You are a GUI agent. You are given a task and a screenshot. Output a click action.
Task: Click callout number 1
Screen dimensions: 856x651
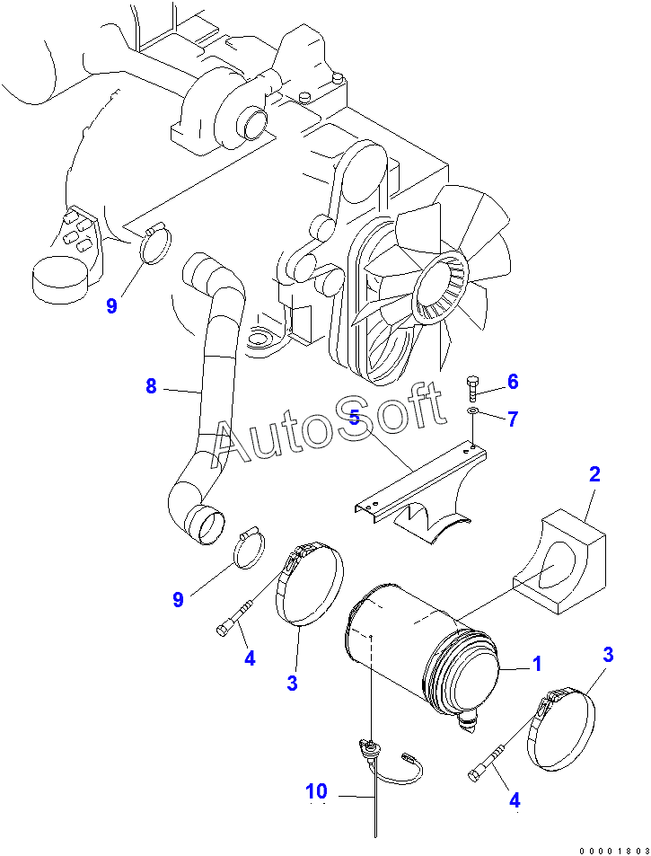[x=536, y=665]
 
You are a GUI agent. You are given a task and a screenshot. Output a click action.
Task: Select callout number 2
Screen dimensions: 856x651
[x=594, y=474]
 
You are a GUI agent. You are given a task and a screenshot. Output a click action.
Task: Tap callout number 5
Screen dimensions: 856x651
[x=355, y=418]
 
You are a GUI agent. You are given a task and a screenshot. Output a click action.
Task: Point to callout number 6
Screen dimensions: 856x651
[x=513, y=382]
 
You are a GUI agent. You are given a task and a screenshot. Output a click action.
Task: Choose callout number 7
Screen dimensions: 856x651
[x=513, y=419]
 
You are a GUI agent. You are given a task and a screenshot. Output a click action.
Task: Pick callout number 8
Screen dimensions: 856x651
[x=151, y=386]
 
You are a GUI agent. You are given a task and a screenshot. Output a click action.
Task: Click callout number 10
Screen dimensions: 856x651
[x=316, y=791]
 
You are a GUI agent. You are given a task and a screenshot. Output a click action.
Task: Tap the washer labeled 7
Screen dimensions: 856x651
[x=473, y=414]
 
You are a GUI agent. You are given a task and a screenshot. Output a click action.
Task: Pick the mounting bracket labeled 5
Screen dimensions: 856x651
[x=422, y=485]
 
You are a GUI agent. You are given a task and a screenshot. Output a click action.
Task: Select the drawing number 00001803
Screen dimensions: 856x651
[x=614, y=848]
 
